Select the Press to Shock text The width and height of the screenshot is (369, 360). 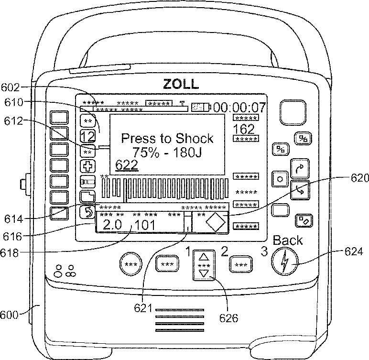(x=167, y=139)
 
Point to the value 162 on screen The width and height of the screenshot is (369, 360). (x=243, y=129)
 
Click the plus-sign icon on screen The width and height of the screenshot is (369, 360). (x=87, y=166)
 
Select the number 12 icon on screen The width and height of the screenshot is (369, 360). (x=87, y=136)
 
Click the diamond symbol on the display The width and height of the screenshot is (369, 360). (x=216, y=223)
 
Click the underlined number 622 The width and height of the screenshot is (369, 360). (x=127, y=165)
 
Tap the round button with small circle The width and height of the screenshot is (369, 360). (x=280, y=179)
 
